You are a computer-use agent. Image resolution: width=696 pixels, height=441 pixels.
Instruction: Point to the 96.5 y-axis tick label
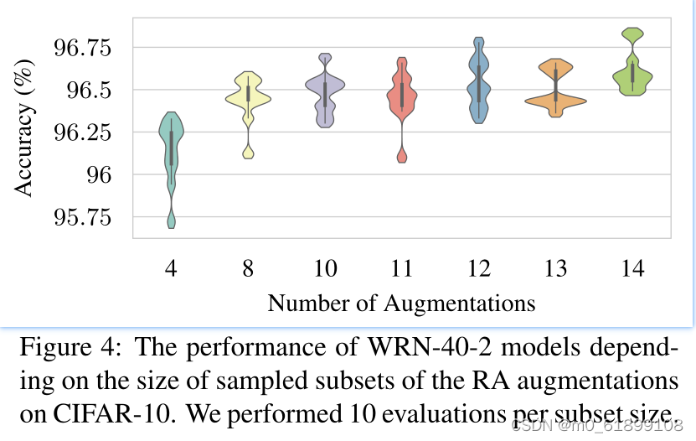pos(93,90)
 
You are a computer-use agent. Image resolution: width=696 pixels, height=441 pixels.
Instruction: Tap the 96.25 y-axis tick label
pos(86,132)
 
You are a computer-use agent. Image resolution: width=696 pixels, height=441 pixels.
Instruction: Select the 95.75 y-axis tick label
pos(86,218)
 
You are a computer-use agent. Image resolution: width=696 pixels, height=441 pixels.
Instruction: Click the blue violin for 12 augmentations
pos(479,84)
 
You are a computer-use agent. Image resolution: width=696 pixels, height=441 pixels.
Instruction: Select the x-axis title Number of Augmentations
pos(401,302)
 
